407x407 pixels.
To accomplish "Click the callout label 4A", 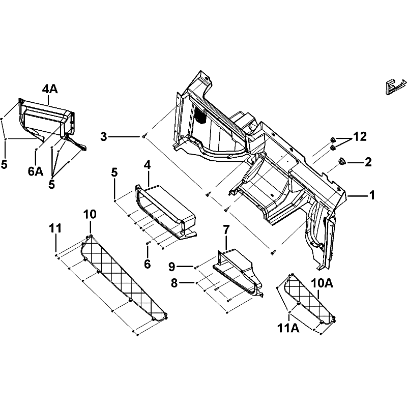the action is (x=50, y=89).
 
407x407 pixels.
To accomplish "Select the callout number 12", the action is (x=360, y=136).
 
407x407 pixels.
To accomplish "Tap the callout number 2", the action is (x=368, y=162).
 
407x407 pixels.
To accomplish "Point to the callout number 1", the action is (x=372, y=195).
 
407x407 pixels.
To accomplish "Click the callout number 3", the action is (x=104, y=136).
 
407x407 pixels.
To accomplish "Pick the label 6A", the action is (x=36, y=171).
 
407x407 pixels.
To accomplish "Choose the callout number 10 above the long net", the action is (x=90, y=214).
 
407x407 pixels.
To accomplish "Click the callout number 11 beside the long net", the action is (x=55, y=228).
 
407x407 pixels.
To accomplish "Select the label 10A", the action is (x=322, y=283).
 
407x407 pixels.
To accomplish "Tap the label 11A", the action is (x=288, y=329).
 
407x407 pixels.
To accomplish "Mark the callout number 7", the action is (x=226, y=230).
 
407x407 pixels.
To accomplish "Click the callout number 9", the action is (x=172, y=267).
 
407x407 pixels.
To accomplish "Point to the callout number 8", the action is (x=174, y=283).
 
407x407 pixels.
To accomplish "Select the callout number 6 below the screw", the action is (x=147, y=264).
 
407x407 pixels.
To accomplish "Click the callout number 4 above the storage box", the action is (x=147, y=165).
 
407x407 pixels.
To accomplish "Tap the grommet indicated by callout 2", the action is (x=341, y=161).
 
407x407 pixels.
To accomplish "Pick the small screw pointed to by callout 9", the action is (x=196, y=266).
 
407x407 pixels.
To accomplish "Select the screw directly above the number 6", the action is (x=148, y=243).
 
